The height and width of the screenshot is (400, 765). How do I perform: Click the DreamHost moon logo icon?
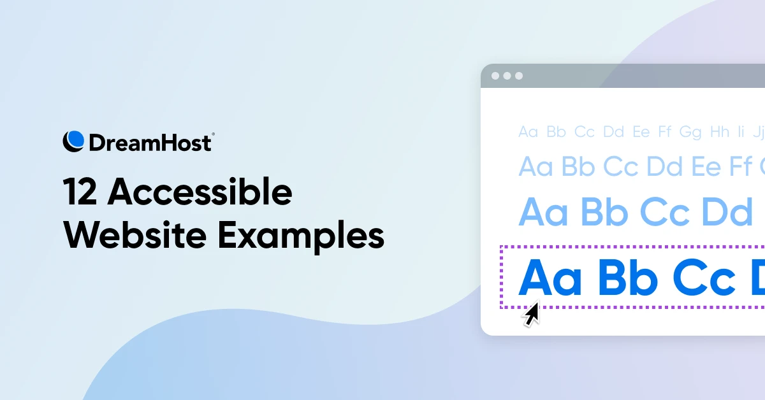coord(73,141)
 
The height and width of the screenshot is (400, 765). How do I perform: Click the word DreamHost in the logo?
coord(150,143)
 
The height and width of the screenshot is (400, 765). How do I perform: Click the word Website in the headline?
coord(135,235)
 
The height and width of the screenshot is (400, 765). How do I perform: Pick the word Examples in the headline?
coord(300,236)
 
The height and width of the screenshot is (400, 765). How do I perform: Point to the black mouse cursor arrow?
coord(530,314)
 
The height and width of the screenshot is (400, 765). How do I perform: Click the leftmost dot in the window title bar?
coord(495,76)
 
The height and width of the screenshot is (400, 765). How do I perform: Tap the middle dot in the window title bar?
coord(507,76)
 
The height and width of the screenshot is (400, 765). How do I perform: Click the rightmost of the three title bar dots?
coord(518,76)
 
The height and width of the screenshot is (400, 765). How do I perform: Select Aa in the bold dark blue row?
coord(550,278)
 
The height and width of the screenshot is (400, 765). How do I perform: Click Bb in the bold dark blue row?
coord(628,278)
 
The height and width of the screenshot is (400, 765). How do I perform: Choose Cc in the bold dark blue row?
coord(704,278)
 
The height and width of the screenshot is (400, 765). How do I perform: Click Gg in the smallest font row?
coord(690,132)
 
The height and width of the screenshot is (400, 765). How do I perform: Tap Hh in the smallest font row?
coord(719,132)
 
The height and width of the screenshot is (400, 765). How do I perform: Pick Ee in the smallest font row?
coord(641,132)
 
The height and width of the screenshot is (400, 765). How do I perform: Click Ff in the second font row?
coord(740,167)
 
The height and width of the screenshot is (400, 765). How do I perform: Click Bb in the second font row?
coord(578,167)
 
